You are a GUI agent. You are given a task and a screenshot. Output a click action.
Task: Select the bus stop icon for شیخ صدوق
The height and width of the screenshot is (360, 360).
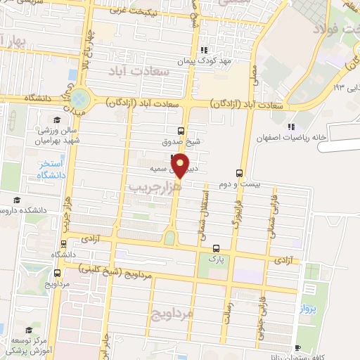[182, 131]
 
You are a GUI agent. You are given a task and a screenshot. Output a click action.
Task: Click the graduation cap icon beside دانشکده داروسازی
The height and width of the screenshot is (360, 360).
[16, 201]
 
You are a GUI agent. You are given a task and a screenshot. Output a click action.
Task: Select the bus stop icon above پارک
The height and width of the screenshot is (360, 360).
[216, 247]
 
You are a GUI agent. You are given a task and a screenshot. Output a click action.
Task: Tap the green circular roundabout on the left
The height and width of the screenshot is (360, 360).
[79, 99]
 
